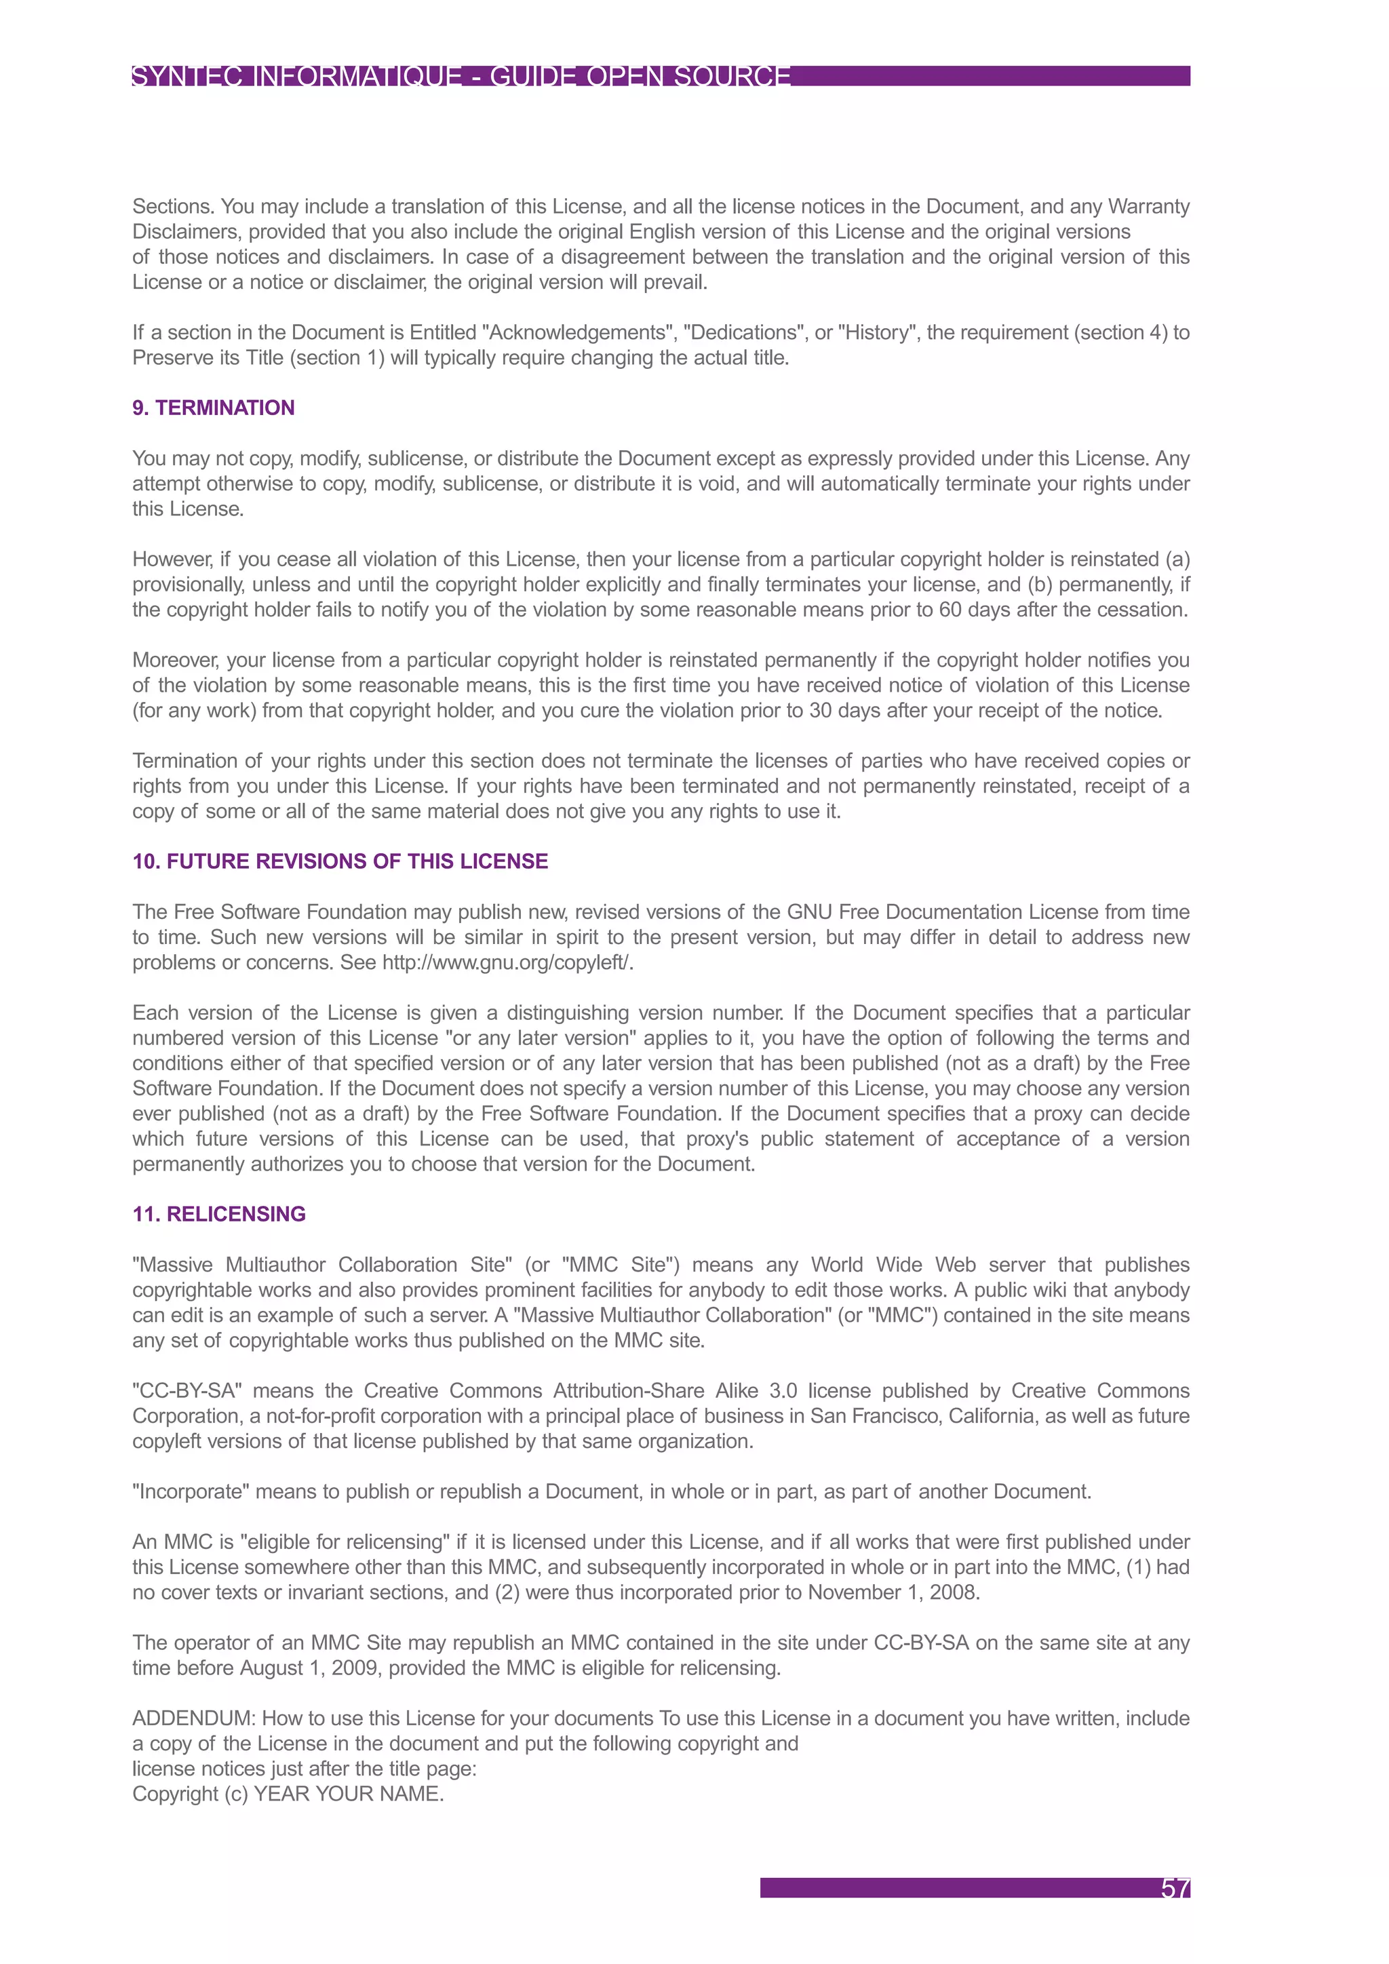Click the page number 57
(1174, 1888)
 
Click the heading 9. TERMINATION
(213, 408)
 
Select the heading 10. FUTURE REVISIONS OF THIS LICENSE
(340, 861)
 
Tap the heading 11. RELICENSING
(219, 1214)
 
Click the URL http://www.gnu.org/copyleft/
(507, 962)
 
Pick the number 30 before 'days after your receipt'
(820, 711)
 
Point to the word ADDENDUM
(193, 1718)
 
